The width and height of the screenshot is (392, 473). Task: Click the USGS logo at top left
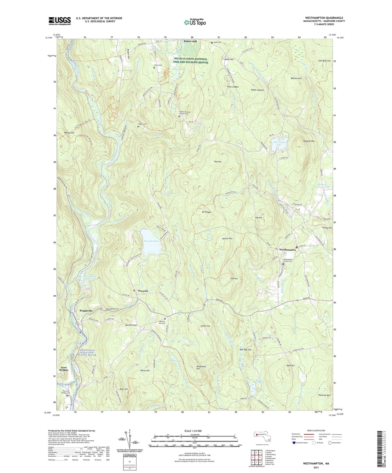tap(60, 21)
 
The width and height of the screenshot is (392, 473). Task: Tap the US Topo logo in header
tap(195, 22)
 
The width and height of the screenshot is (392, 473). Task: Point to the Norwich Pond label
tap(151, 241)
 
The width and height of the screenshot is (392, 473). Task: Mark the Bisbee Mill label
tap(190, 41)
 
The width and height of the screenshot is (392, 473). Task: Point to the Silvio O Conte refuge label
tap(192, 61)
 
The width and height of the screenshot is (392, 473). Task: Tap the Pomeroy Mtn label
tap(324, 395)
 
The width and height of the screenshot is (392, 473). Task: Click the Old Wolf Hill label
tap(324, 61)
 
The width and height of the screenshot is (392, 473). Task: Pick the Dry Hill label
tap(218, 162)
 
